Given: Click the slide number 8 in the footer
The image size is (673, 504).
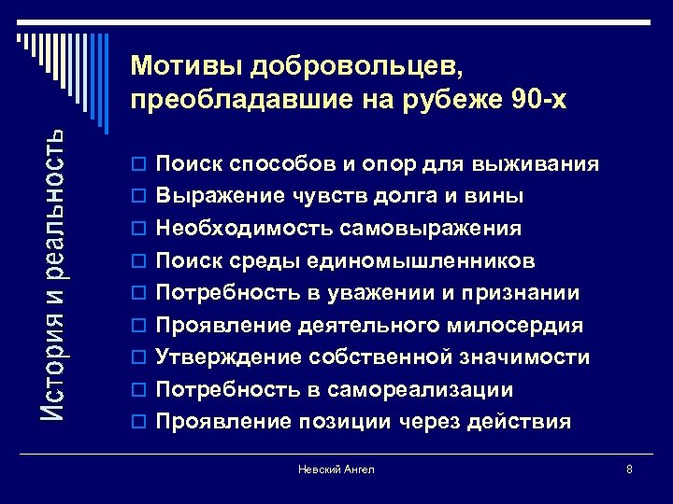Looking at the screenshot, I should (x=629, y=469).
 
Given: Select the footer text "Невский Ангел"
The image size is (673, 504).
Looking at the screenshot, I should (x=336, y=469).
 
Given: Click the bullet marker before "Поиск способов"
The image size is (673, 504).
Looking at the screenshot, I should (x=141, y=166).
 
